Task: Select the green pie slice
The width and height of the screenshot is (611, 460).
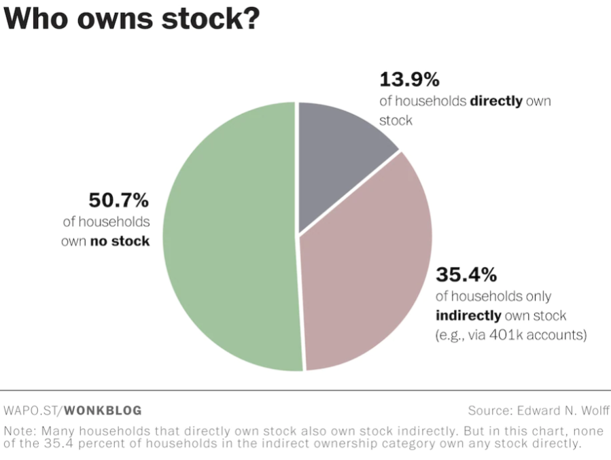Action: pyautogui.click(x=228, y=238)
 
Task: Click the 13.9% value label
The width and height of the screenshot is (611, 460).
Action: pyautogui.click(x=409, y=80)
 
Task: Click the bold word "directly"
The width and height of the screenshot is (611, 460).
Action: pyautogui.click(x=496, y=101)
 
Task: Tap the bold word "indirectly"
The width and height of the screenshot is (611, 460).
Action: pyautogui.click(x=468, y=315)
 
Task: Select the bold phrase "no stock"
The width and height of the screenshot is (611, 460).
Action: pyautogui.click(x=120, y=241)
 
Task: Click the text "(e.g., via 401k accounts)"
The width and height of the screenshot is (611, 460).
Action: pyautogui.click(x=510, y=335)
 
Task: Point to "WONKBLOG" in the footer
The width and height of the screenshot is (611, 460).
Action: pyautogui.click(x=103, y=410)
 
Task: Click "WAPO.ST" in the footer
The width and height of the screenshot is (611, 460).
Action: pyautogui.click(x=31, y=410)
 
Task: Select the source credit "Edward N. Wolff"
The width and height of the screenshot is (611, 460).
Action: pyautogui.click(x=563, y=410)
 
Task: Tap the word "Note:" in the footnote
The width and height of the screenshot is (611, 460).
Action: pyautogui.click(x=20, y=431)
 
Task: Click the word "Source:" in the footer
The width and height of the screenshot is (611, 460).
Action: pyautogui.click(x=490, y=410)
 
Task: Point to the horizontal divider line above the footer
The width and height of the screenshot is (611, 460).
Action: pyautogui.click(x=305, y=391)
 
